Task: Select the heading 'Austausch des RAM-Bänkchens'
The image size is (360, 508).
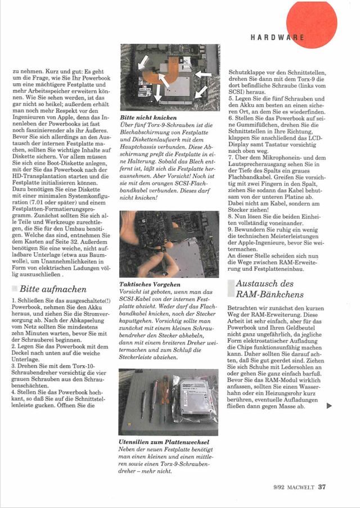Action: [269, 289]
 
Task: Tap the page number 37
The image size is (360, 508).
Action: [322, 487]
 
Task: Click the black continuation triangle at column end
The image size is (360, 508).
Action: [329, 404]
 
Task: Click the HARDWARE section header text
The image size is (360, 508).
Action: [278, 37]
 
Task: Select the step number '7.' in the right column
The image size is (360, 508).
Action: [231, 158]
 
